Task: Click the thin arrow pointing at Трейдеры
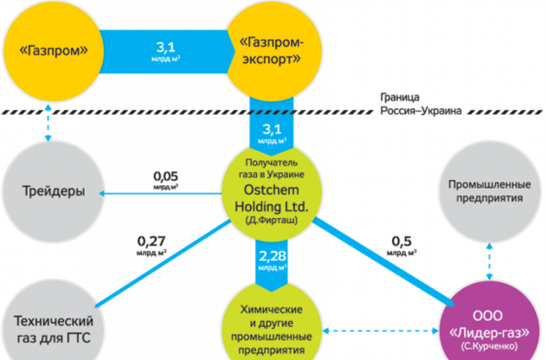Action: pyautogui.click(x=156, y=193)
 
